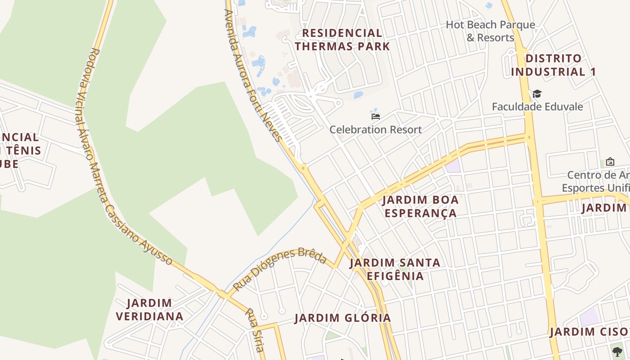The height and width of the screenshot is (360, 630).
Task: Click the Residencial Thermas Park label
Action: click(x=342, y=40)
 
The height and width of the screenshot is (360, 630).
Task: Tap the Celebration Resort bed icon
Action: click(x=376, y=117)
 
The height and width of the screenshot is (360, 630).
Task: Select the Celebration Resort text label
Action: click(x=376, y=130)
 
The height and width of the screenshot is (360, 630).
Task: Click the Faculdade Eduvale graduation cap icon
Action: click(x=537, y=94)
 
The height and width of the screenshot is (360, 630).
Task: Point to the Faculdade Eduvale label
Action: click(x=537, y=107)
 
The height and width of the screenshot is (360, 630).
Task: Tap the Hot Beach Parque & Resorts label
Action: click(x=490, y=31)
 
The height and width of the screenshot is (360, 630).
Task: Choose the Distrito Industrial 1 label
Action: click(x=553, y=65)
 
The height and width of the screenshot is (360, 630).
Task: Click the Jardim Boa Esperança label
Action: click(x=420, y=206)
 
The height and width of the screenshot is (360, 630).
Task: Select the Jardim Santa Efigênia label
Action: click(x=395, y=269)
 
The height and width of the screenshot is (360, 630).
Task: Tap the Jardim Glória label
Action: click(x=343, y=318)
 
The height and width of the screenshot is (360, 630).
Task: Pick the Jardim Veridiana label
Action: click(x=150, y=310)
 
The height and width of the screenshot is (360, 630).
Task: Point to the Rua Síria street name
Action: click(x=255, y=330)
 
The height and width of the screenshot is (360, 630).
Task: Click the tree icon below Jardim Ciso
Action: click(x=617, y=351)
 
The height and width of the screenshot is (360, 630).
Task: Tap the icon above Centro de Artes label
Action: click(x=610, y=161)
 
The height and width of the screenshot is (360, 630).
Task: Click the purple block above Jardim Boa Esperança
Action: click(x=453, y=166)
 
